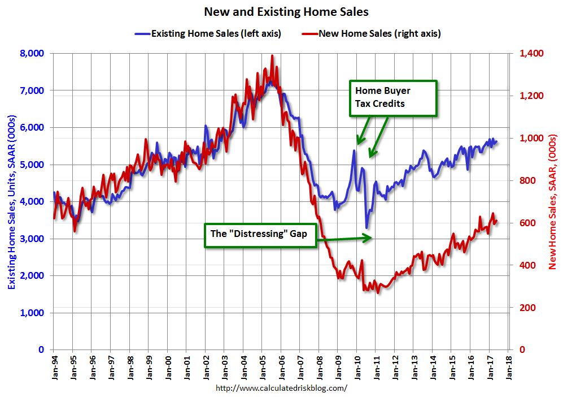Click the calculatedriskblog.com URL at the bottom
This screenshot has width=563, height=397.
(281, 389)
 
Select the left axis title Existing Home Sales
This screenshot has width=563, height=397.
(12, 202)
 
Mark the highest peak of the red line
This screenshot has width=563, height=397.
(272, 55)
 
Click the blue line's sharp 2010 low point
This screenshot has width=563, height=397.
(366, 228)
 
